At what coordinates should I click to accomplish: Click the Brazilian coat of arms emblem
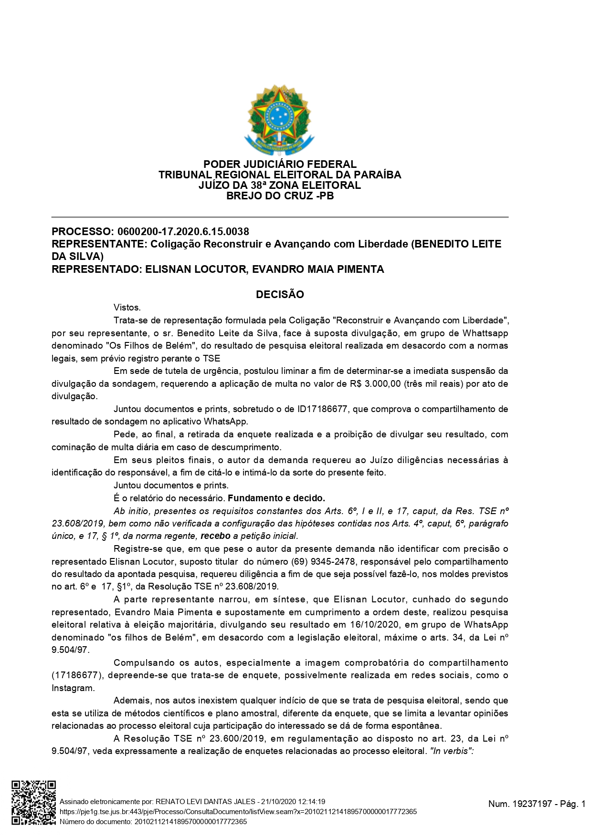pos(279,120)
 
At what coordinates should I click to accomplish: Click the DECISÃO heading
pos(280,295)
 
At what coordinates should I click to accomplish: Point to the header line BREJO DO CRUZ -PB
pos(280,196)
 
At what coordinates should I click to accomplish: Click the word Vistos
pos(127,308)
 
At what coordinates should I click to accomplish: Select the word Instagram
pos(73,688)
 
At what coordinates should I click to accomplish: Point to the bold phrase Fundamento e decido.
pos(276,498)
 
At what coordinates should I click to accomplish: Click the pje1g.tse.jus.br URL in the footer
pos(238,812)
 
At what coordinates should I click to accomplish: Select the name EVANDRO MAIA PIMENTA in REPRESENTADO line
pos(318,269)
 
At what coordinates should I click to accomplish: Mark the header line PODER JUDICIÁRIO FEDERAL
pos(280,165)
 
